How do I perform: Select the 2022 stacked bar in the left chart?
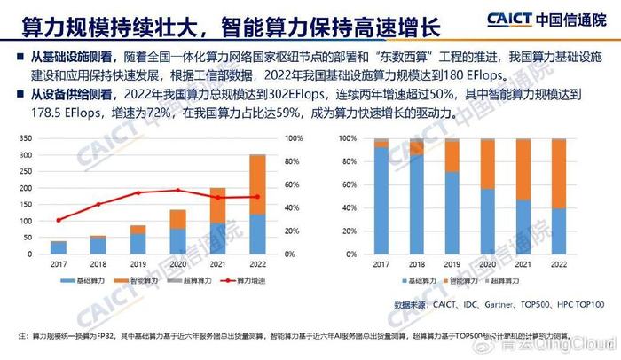(x=257, y=204)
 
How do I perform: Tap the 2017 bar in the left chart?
(x=59, y=247)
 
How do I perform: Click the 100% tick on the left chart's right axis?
(x=295, y=138)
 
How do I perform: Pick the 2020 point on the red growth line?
(x=178, y=190)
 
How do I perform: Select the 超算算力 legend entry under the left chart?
(x=191, y=280)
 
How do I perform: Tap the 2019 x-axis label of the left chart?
(x=138, y=263)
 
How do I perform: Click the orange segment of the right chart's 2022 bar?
(x=559, y=174)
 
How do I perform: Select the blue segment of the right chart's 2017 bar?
(x=381, y=200)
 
